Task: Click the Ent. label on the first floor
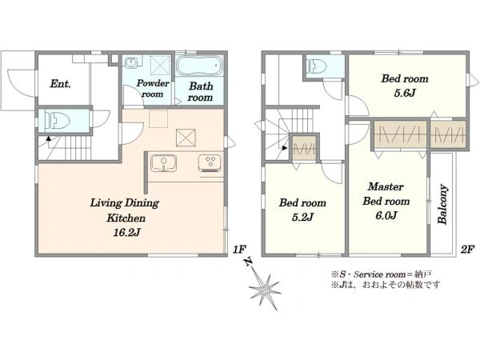[x=60, y=84]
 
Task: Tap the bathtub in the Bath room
[x=199, y=66]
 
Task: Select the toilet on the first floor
[x=58, y=120]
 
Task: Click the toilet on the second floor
[x=317, y=66]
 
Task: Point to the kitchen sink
[x=163, y=163]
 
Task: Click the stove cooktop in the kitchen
[x=210, y=163]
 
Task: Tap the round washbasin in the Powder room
[x=132, y=62]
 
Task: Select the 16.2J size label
[x=126, y=233]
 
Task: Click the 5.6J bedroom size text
[x=404, y=93]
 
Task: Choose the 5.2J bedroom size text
[x=302, y=217]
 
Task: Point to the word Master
[x=386, y=186]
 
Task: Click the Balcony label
[x=442, y=204]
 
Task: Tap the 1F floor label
[x=239, y=250]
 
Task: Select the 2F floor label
[x=467, y=250]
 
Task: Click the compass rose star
[x=265, y=289]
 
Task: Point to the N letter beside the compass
[x=248, y=262]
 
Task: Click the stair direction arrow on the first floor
[x=48, y=138]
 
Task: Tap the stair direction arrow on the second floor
[x=285, y=148]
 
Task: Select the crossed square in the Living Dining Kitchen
[x=186, y=138]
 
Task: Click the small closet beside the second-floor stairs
[x=304, y=148]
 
